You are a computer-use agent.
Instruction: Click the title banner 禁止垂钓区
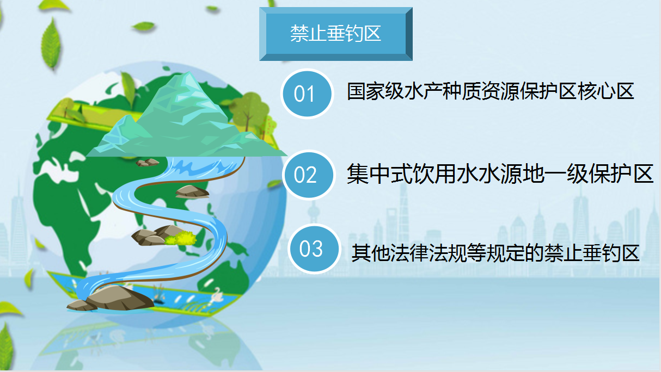pos(336,34)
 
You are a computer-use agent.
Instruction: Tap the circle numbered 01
pos(307,94)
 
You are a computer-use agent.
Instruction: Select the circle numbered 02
pos(309,175)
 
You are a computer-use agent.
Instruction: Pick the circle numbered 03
pos(314,249)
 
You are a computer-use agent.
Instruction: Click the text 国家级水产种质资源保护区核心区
pos(490,91)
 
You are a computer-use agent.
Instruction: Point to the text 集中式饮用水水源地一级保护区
pos(500,173)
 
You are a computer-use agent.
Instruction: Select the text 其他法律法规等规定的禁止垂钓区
pos(495,252)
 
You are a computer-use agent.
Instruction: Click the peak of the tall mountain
pos(187,72)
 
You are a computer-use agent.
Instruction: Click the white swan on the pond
pos(217,294)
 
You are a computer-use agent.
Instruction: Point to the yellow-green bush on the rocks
pos(181,238)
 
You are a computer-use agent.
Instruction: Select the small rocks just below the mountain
pos(147,163)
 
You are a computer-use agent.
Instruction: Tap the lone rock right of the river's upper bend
pos(192,191)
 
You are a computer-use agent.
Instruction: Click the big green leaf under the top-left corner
pos(51,44)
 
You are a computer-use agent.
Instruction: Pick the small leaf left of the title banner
pos(144,27)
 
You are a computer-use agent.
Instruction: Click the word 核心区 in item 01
pos(605,91)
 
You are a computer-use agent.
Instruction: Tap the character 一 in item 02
pos(554,174)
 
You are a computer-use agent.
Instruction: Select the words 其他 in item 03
pos(370,252)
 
